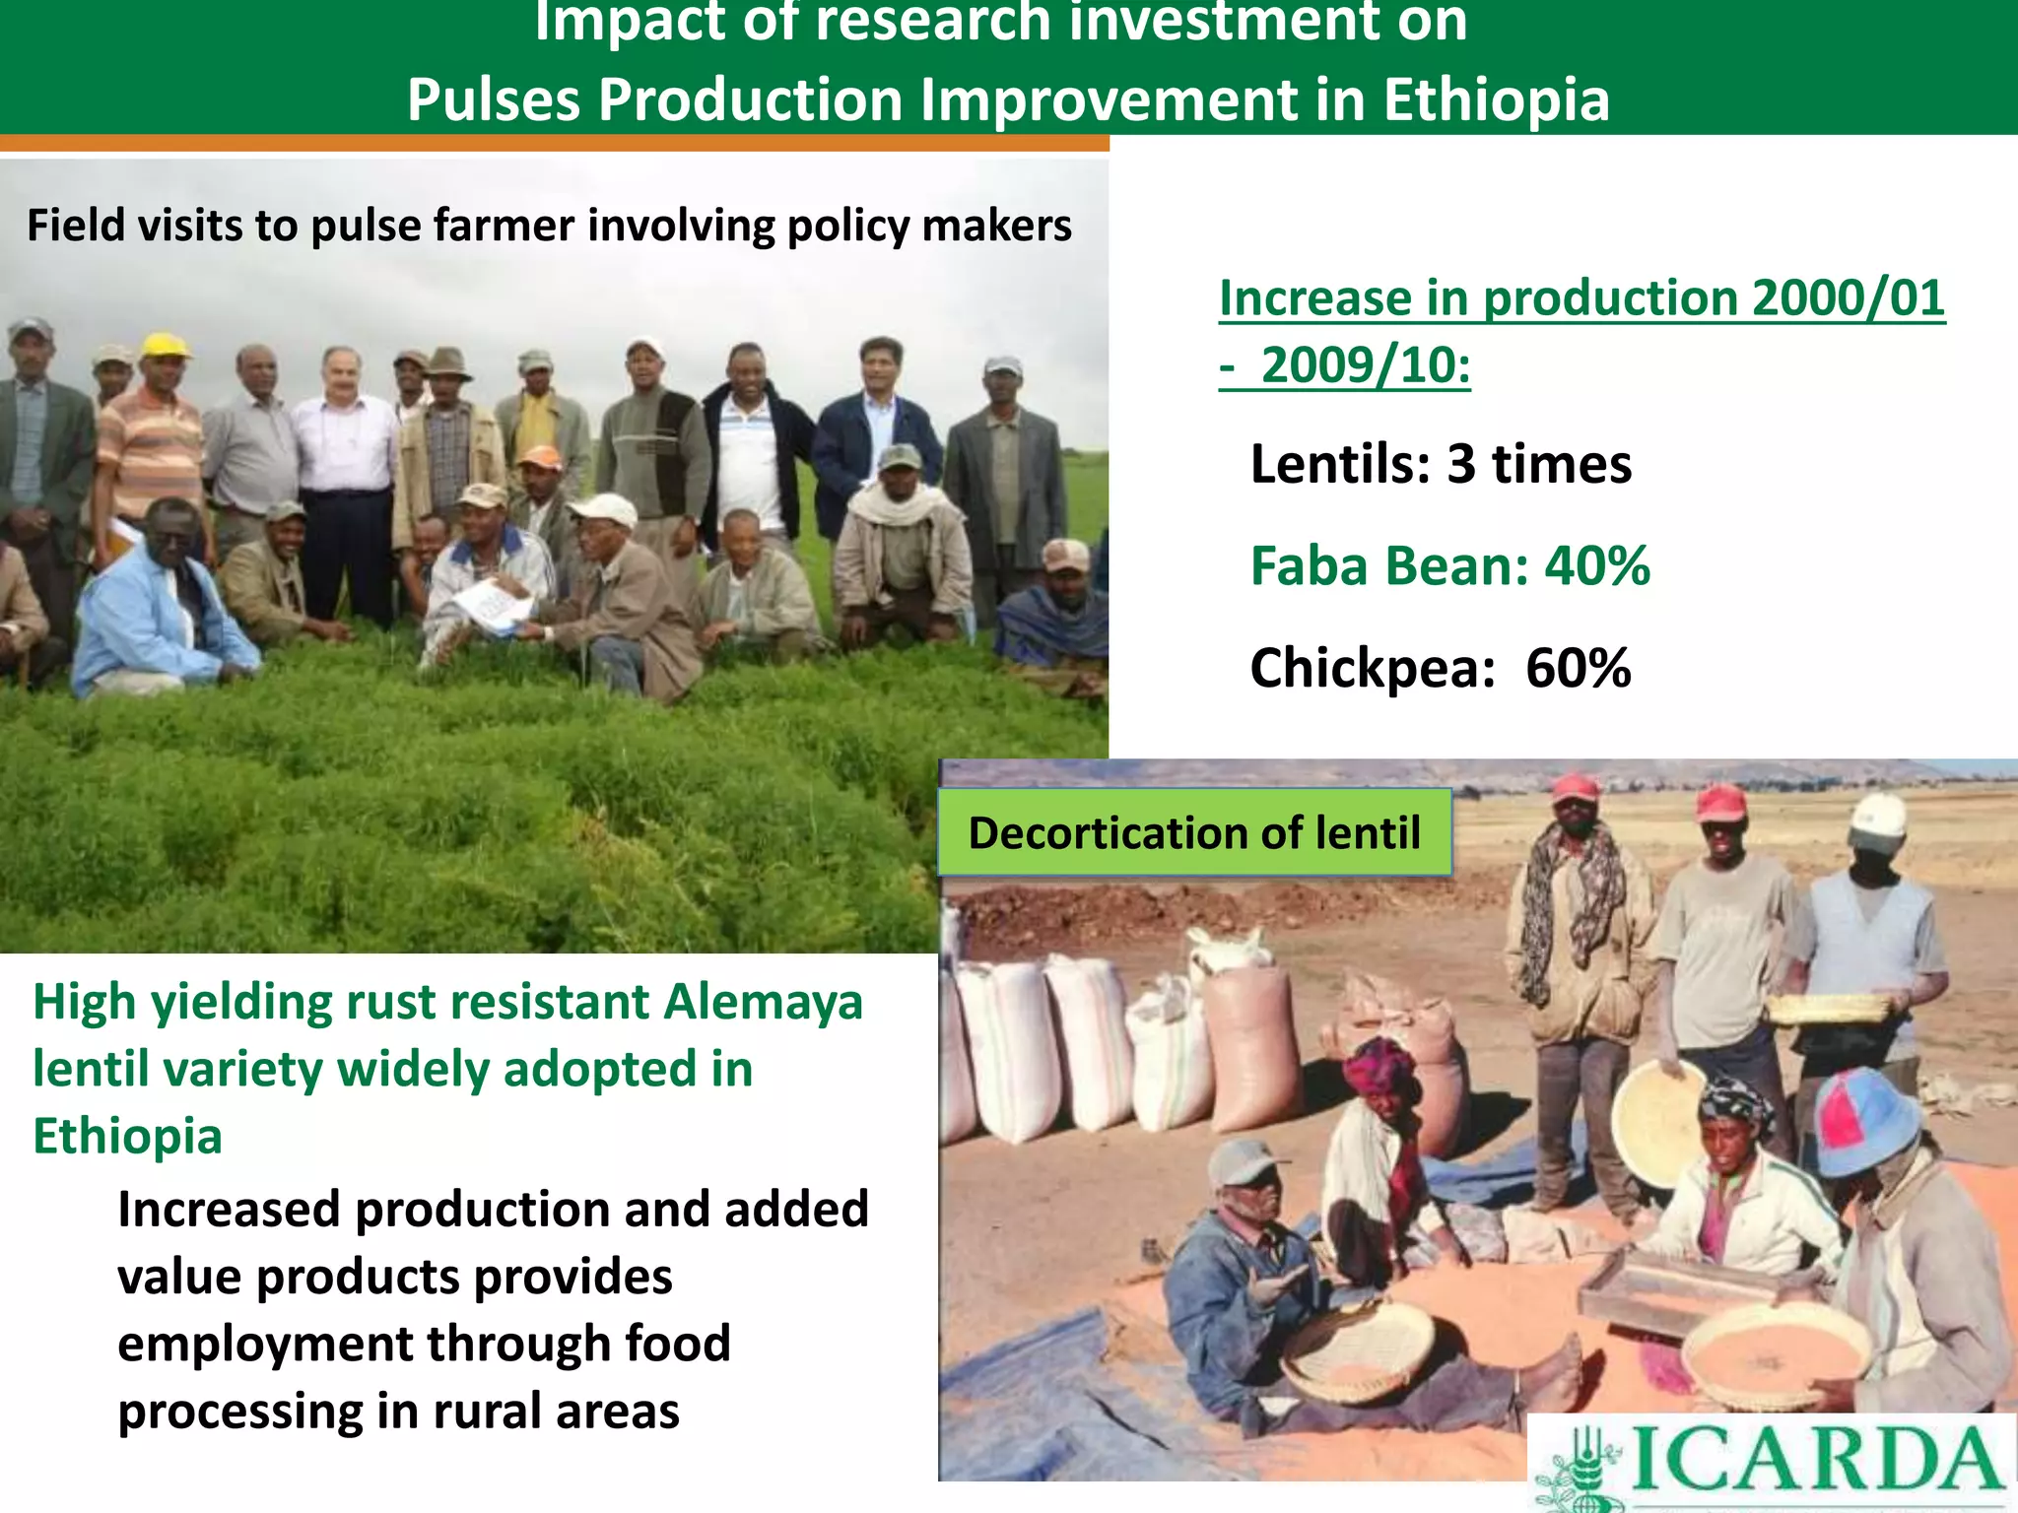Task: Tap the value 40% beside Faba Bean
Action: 1596,566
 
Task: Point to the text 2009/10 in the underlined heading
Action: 1365,365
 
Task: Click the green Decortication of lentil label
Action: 1194,833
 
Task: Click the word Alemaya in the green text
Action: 763,1002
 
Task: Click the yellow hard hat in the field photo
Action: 165,345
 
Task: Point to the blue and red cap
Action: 1865,1121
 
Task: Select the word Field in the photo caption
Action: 75,226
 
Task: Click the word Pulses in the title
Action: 494,99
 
